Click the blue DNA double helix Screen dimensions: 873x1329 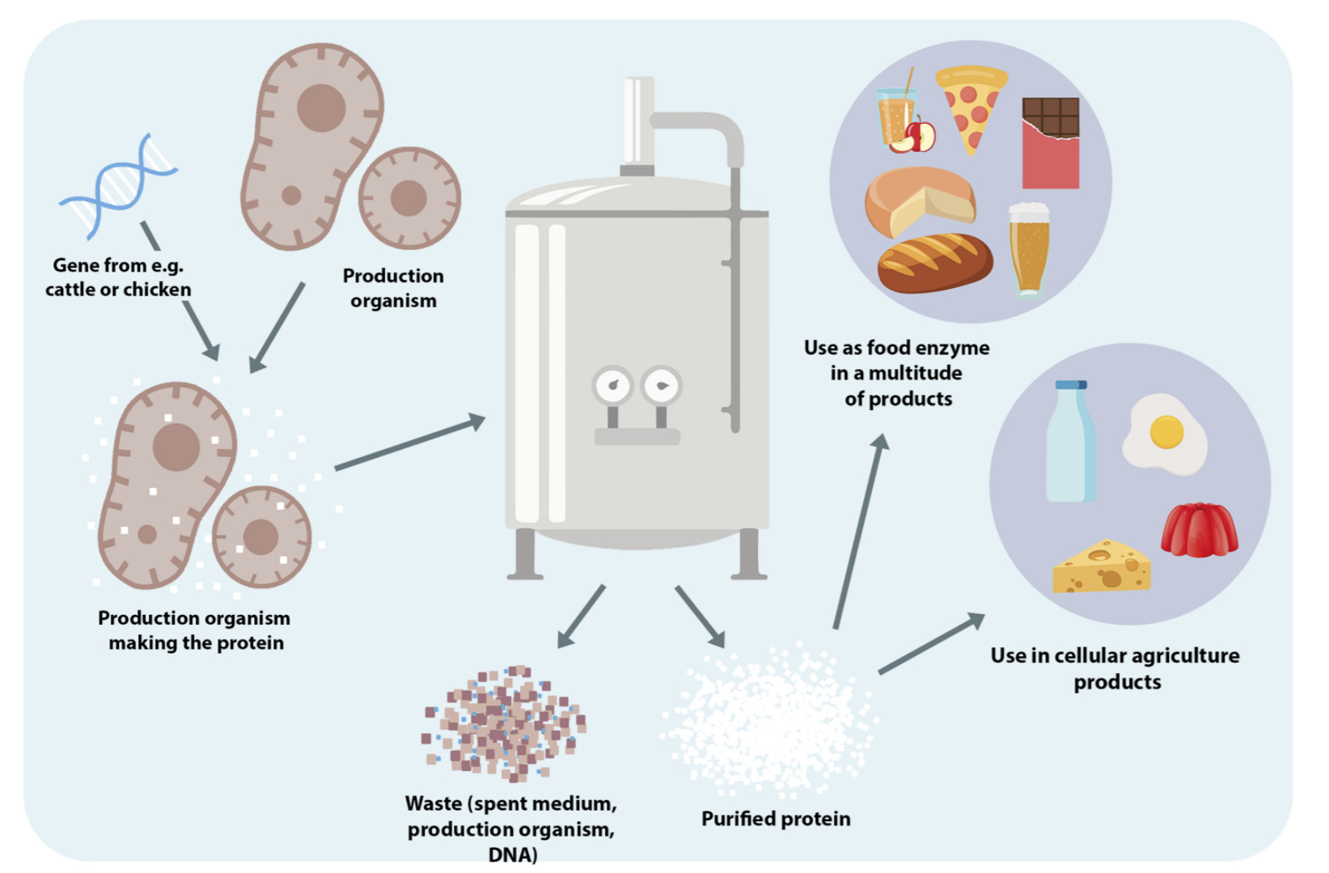118,185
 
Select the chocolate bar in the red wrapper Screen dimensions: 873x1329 1050,144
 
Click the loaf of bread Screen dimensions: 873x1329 935,262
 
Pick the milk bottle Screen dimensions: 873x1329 1071,443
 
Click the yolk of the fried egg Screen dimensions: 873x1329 1166,431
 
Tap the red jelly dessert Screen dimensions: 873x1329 1199,530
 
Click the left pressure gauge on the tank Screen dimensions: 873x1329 612,386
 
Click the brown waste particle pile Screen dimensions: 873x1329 505,723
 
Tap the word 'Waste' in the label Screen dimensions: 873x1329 433,803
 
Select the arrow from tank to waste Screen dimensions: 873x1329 581,617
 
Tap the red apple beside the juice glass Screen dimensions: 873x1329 920,136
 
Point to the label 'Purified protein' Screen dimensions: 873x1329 776,819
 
